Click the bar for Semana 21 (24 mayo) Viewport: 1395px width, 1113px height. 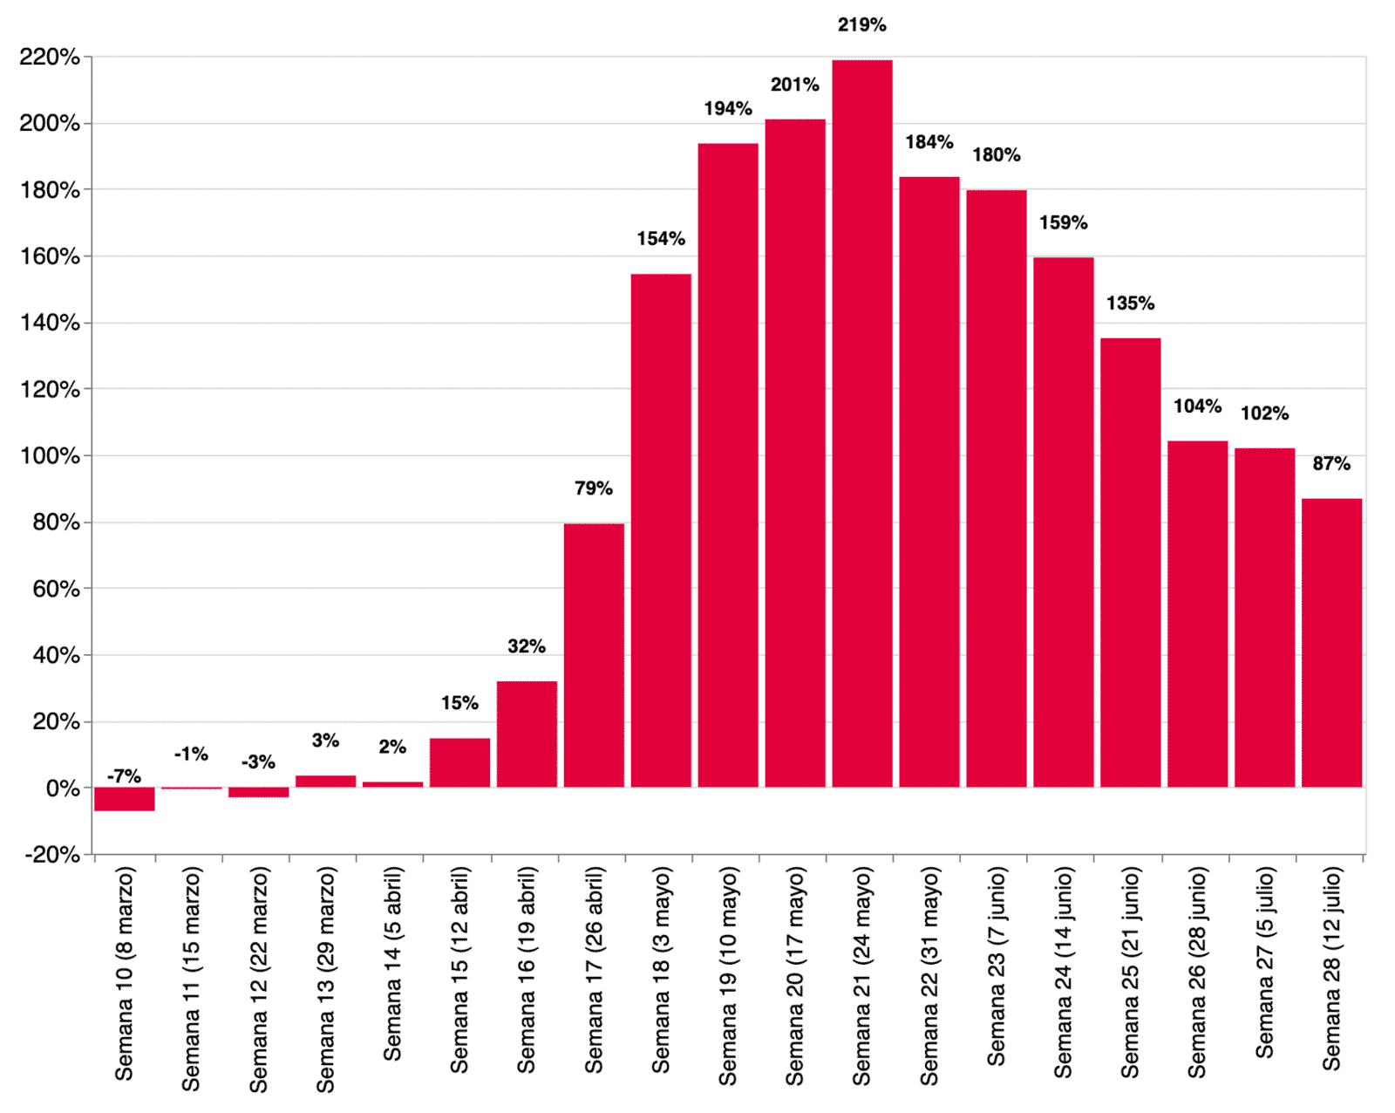pos(861,423)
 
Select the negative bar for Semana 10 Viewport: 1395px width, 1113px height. pos(125,799)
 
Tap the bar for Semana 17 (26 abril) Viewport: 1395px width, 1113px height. pos(594,655)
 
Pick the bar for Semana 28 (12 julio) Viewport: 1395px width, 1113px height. pos(1331,643)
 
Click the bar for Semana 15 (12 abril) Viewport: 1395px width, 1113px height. pos(459,763)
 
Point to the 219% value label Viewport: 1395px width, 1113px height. pos(861,25)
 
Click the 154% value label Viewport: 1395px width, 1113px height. pos(661,239)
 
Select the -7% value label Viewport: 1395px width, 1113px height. pos(124,775)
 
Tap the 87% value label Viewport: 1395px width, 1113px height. pos(1331,464)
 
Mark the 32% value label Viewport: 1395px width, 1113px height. pos(527,646)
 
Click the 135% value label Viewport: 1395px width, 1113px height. pos(1130,304)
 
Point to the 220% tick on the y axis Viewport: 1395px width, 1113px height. pos(50,58)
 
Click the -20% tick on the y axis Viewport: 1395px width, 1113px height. pos(52,855)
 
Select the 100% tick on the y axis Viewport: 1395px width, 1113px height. pos(50,456)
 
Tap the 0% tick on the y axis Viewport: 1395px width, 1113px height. pos(62,789)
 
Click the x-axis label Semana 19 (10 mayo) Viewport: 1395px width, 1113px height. pos(728,975)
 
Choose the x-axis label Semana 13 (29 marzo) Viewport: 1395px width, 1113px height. pos(325,979)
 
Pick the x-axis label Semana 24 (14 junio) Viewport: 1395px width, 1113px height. pos(1063,972)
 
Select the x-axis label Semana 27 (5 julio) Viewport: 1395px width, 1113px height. pos(1264,963)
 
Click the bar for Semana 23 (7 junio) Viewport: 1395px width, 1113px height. pos(996,488)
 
